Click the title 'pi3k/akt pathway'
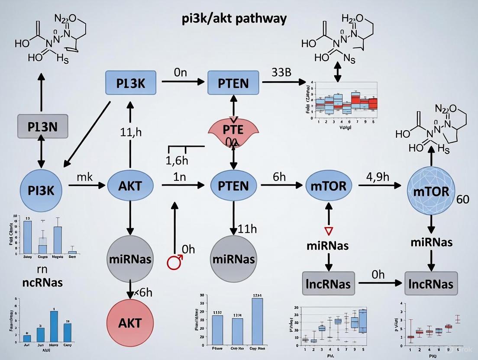(x=234, y=19)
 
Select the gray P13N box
(x=42, y=126)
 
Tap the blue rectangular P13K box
(x=131, y=83)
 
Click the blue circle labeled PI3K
(x=41, y=189)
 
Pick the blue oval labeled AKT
(x=130, y=186)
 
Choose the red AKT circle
(x=130, y=322)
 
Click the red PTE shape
(x=233, y=129)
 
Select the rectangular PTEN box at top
(x=233, y=83)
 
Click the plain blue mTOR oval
(x=329, y=186)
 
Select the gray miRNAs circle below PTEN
(x=233, y=259)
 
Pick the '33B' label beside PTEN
(x=281, y=72)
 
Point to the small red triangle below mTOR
(x=329, y=229)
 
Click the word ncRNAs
(x=42, y=283)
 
